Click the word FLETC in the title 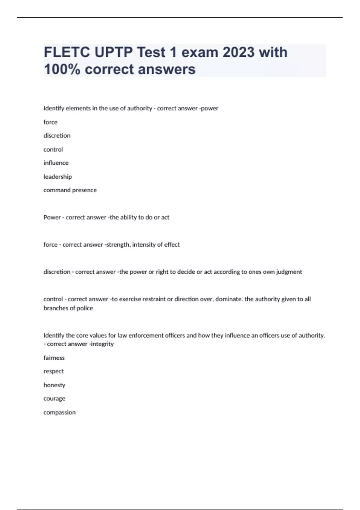[x=67, y=52]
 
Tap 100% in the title [x=62, y=69]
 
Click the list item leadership [x=58, y=177]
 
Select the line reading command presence [x=70, y=190]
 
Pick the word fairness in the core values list [x=54, y=358]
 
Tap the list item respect [x=53, y=371]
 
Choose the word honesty [x=54, y=385]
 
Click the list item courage [x=54, y=399]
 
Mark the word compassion [x=59, y=412]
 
